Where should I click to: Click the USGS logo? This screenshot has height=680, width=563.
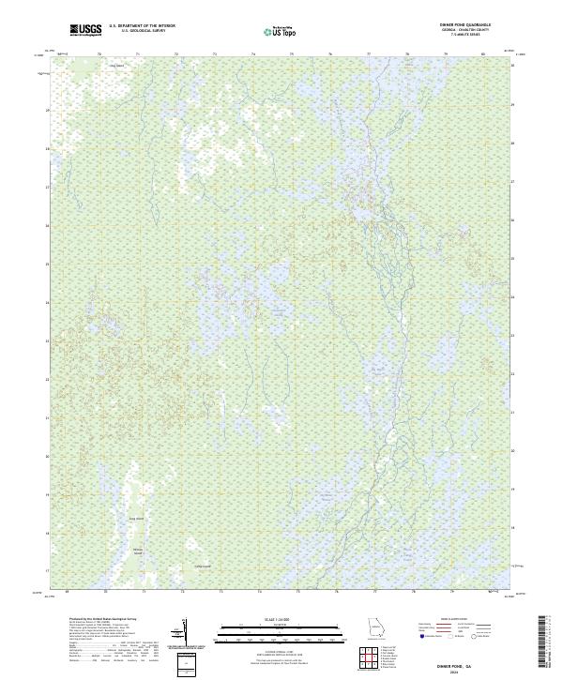point(85,30)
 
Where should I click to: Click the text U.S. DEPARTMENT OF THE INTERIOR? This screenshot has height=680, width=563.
point(143,26)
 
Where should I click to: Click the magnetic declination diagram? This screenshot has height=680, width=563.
point(183,632)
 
